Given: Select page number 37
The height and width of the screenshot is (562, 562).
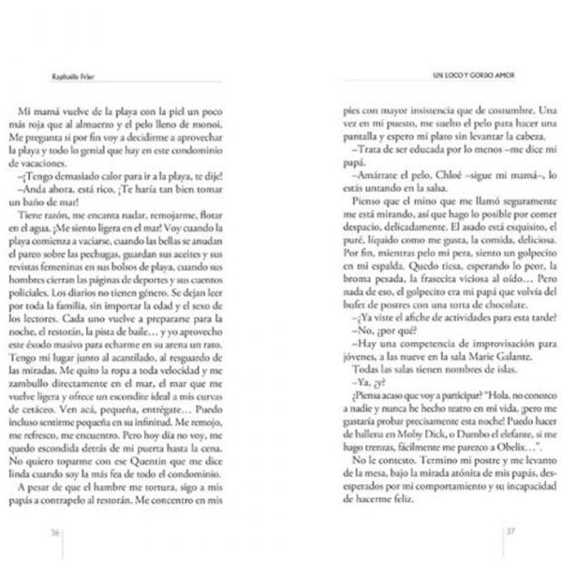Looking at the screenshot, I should click(512, 534).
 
